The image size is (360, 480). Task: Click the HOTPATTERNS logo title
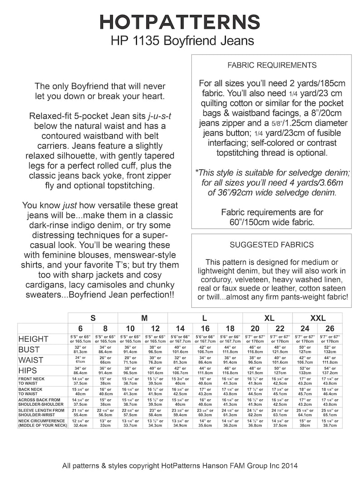(180, 21)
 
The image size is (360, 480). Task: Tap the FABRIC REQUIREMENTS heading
(272, 65)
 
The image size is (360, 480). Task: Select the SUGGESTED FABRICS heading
(272, 245)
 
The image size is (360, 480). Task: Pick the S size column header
(93, 318)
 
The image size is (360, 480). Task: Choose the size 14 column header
(180, 329)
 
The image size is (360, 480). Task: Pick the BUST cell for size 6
(80, 350)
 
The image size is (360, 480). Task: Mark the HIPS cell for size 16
(205, 371)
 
